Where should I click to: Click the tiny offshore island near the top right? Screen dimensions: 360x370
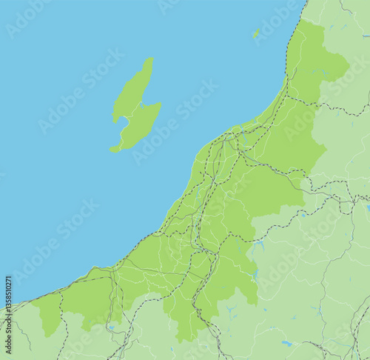tap(256, 33)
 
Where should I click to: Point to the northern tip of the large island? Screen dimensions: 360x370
tap(150, 59)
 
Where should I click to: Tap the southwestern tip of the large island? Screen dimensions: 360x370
tap(112, 150)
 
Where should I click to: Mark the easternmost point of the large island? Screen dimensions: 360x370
tap(161, 107)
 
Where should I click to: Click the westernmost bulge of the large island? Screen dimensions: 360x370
tap(114, 116)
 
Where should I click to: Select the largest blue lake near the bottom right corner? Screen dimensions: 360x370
tap(286, 343)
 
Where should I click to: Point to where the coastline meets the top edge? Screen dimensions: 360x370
tap(305, 1)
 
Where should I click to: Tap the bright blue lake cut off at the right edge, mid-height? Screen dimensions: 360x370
tap(367, 208)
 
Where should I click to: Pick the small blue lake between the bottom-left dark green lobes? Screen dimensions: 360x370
tap(110, 327)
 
